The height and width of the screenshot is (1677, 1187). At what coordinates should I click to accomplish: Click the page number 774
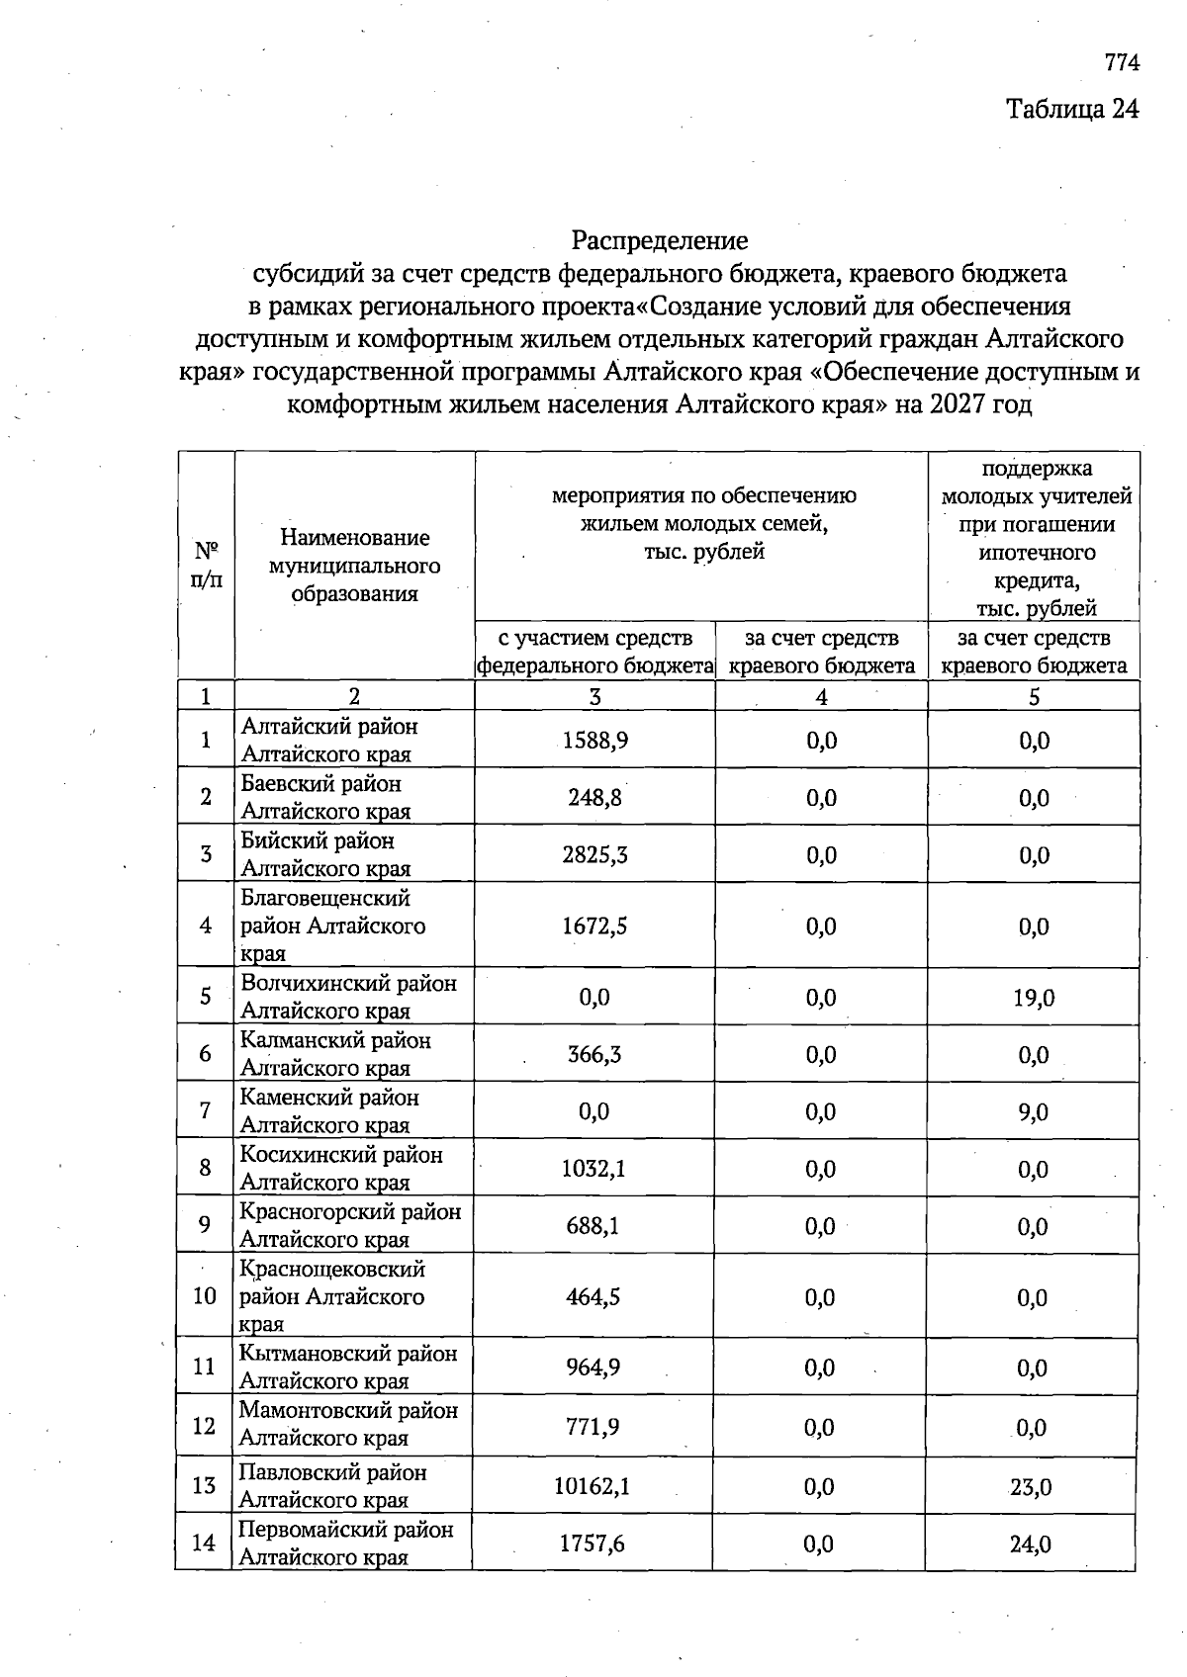1122,62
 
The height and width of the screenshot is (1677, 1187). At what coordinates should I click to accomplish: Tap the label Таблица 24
1072,108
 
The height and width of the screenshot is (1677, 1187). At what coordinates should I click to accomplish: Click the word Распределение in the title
659,240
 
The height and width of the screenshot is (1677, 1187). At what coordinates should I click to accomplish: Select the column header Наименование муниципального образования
354,566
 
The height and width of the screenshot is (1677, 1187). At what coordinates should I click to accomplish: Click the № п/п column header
206,565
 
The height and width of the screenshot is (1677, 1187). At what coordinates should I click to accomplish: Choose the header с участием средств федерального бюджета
594,652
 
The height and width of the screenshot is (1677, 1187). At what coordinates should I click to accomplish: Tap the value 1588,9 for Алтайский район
594,741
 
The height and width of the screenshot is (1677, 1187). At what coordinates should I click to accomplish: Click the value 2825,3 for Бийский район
594,855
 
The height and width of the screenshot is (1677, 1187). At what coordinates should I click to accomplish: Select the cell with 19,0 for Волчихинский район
1033,998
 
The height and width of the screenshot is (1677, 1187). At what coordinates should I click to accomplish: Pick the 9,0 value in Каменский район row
1033,1112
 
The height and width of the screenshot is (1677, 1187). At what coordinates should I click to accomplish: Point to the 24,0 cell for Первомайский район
1031,1544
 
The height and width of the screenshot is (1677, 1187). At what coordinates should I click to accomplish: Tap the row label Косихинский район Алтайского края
340,1169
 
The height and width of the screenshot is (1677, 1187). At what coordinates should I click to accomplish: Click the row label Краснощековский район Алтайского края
332,1296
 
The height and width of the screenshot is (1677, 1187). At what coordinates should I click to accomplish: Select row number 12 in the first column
204,1426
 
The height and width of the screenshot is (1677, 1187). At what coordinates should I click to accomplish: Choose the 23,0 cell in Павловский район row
1031,1486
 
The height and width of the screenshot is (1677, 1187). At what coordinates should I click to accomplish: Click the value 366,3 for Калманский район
594,1054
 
